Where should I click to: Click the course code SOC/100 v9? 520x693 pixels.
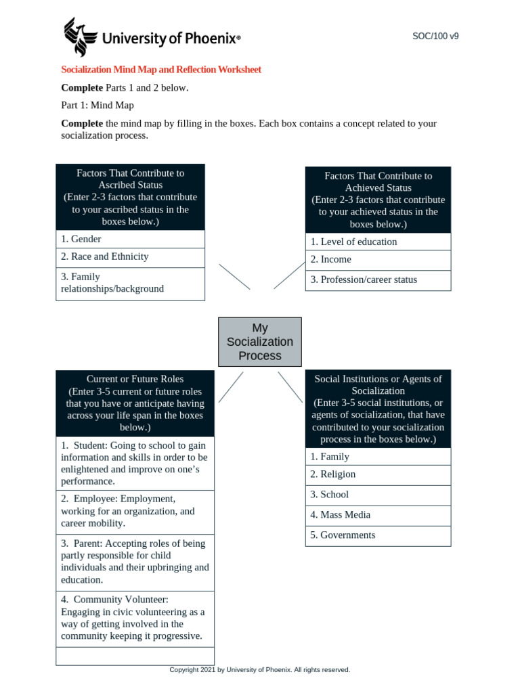(435, 37)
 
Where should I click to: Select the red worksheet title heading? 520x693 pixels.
(161, 70)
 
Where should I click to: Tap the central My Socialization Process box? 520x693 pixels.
(260, 342)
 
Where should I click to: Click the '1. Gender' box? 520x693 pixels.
(130, 239)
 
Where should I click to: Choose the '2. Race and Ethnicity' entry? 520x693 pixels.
(130, 257)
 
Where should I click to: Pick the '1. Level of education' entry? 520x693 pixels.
(378, 242)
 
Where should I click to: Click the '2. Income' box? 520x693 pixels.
(378, 260)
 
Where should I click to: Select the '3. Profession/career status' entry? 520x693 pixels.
(378, 280)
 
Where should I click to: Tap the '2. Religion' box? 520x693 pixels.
(378, 475)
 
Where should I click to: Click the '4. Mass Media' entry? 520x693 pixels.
(378, 515)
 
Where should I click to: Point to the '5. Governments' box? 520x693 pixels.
(378, 535)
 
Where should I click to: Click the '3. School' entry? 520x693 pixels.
(378, 495)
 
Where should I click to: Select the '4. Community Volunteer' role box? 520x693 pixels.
(135, 618)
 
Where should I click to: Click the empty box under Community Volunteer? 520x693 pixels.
(135, 656)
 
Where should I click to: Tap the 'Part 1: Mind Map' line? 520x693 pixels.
(97, 106)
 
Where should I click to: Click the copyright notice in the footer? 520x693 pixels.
(260, 670)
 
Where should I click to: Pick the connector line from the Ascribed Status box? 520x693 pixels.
(235, 277)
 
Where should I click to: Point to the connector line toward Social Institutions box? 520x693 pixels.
(290, 387)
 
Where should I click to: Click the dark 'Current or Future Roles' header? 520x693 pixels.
(135, 403)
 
